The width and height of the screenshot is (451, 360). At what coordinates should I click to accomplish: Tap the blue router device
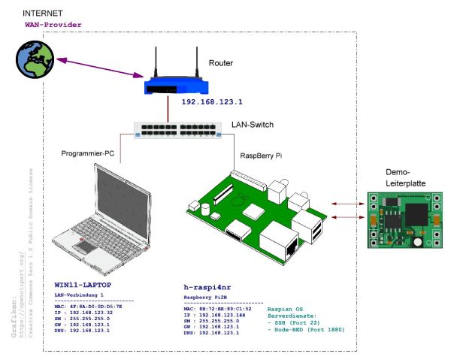[x=174, y=80]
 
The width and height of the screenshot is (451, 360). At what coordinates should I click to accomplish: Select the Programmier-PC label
[x=89, y=154]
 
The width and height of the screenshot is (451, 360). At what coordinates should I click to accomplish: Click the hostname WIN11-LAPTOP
[x=83, y=286]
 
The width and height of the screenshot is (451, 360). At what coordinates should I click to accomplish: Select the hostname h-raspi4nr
[x=213, y=287]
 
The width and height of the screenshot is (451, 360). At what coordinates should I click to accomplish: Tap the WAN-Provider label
[x=53, y=25]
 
